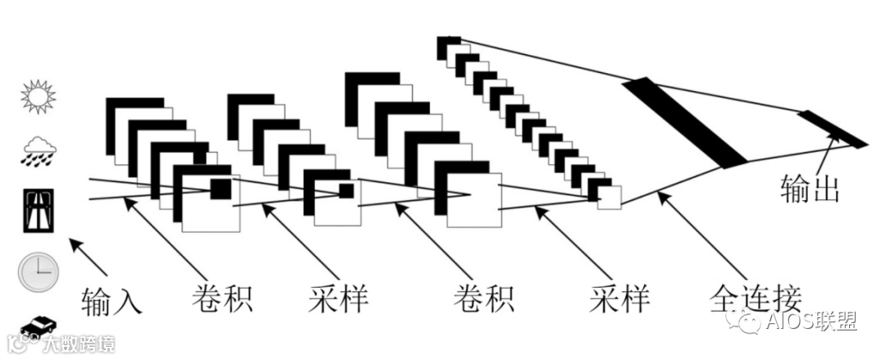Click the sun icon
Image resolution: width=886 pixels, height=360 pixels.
pyautogui.click(x=38, y=97)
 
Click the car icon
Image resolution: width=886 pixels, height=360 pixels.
pyautogui.click(x=38, y=326)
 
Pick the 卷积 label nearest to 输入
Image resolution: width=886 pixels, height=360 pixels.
pyautogui.click(x=221, y=298)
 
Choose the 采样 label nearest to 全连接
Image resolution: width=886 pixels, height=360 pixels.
pyautogui.click(x=619, y=299)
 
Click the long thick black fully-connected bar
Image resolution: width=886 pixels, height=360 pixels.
pyautogui.click(x=684, y=122)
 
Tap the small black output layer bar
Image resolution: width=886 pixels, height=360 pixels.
pyautogui.click(x=831, y=130)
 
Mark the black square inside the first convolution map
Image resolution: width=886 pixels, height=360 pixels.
pyautogui.click(x=221, y=189)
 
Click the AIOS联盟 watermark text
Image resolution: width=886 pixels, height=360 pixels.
pyautogui.click(x=813, y=322)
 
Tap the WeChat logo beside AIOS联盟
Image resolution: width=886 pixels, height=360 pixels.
pyautogui.click(x=749, y=322)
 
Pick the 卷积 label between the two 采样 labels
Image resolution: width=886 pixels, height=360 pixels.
pyautogui.click(x=484, y=299)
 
